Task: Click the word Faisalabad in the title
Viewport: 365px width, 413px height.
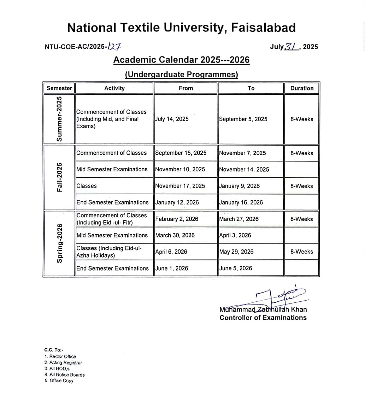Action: (263, 28)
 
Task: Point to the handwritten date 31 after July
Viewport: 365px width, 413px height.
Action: (293, 46)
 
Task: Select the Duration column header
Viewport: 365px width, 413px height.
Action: (302, 88)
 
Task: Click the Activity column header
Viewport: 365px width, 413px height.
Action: (114, 88)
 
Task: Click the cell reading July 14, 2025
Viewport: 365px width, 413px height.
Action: (172, 119)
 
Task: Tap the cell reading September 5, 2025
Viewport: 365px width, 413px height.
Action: (243, 119)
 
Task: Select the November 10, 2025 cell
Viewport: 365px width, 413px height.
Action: (180, 169)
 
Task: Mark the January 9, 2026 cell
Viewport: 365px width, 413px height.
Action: (239, 186)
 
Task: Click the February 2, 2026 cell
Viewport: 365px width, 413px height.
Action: (177, 219)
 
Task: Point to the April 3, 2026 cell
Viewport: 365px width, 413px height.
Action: (235, 235)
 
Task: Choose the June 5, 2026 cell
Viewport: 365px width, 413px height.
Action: (236, 268)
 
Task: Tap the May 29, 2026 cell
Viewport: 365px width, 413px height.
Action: (236, 252)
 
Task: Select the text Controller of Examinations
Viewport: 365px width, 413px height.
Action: (263, 318)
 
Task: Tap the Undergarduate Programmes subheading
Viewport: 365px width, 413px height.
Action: (181, 75)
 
